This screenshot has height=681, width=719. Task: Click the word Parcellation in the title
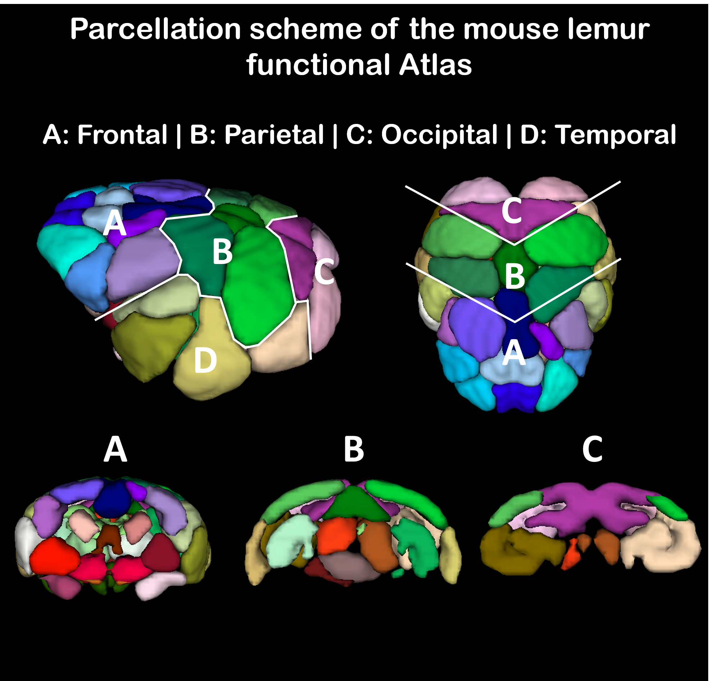point(156,29)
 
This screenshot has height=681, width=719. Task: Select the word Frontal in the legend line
point(122,135)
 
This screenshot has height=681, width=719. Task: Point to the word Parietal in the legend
point(274,135)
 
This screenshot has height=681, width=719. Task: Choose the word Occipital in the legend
point(439,135)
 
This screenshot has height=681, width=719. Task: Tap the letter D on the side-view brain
point(206,360)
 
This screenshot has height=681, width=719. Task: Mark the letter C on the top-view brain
point(512,211)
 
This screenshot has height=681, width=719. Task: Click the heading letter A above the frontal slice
point(115,449)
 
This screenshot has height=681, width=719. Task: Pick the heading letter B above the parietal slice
point(354,449)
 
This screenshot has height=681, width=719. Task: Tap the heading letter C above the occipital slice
point(592,449)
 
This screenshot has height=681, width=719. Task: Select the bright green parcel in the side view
point(258,287)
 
